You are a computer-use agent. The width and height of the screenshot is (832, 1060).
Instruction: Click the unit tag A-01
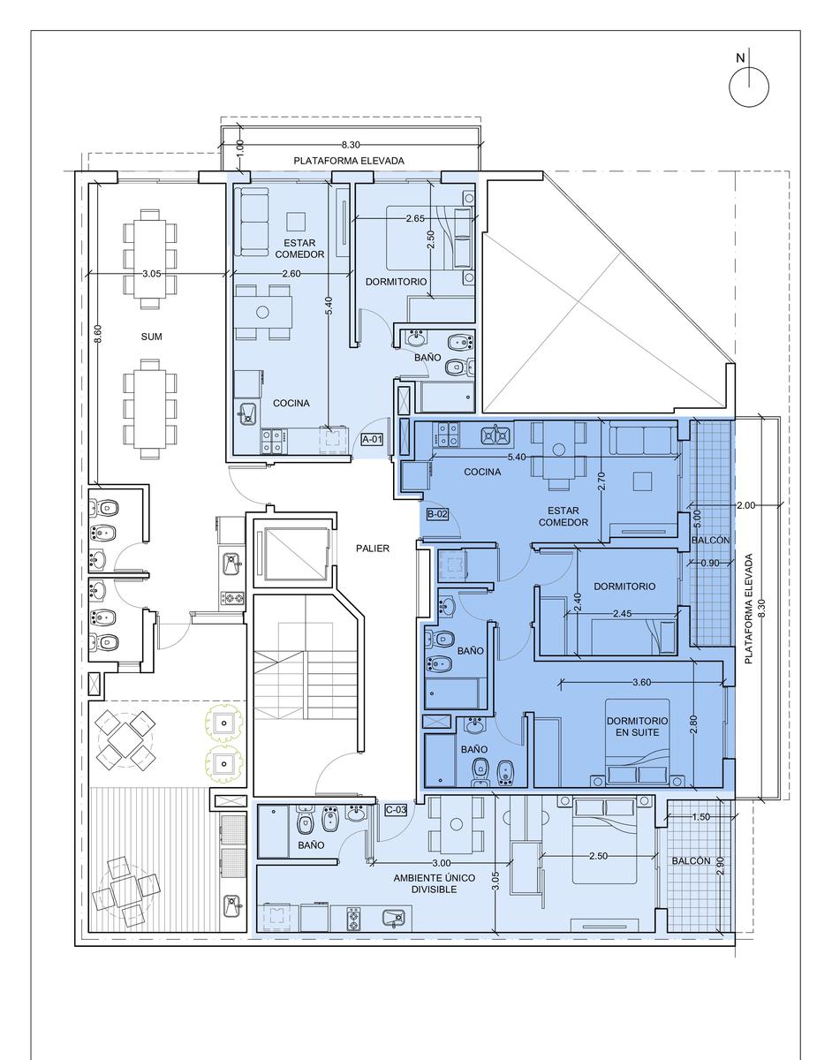pyautogui.click(x=372, y=440)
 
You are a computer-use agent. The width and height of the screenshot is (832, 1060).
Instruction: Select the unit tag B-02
pyautogui.click(x=437, y=514)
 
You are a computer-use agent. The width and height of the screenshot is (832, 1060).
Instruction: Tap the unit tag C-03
pyautogui.click(x=396, y=810)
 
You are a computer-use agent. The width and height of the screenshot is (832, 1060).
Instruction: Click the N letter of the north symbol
pyautogui.click(x=740, y=58)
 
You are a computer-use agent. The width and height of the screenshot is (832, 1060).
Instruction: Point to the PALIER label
pyautogui.click(x=373, y=549)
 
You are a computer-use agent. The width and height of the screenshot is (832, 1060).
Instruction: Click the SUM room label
pyautogui.click(x=151, y=337)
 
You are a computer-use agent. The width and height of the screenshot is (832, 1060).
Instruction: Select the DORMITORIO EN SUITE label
pyautogui.click(x=637, y=726)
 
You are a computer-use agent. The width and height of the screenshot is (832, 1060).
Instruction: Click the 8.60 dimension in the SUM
pyautogui.click(x=98, y=334)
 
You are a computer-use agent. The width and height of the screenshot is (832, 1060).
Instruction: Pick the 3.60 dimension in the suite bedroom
pyautogui.click(x=642, y=683)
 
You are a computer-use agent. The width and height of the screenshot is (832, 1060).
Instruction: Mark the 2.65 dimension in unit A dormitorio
pyautogui.click(x=415, y=218)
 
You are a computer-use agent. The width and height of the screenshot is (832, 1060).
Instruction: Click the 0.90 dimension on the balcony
pyautogui.click(x=710, y=563)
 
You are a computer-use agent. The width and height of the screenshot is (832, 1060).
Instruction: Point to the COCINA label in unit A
pyautogui.click(x=291, y=403)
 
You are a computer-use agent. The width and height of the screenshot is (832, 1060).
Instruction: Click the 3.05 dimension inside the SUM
pyautogui.click(x=151, y=274)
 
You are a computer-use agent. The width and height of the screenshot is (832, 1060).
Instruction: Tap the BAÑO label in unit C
pyautogui.click(x=311, y=844)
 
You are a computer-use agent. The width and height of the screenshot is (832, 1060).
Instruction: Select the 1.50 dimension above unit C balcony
pyautogui.click(x=700, y=816)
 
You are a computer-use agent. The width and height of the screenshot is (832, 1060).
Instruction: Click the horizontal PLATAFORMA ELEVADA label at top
pyautogui.click(x=349, y=161)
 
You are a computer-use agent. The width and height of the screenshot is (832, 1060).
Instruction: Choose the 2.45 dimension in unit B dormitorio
pyautogui.click(x=623, y=614)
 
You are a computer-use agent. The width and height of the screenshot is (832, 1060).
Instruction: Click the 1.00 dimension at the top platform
pyautogui.click(x=239, y=147)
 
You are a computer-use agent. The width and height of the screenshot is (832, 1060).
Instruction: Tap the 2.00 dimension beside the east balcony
pyautogui.click(x=745, y=505)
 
